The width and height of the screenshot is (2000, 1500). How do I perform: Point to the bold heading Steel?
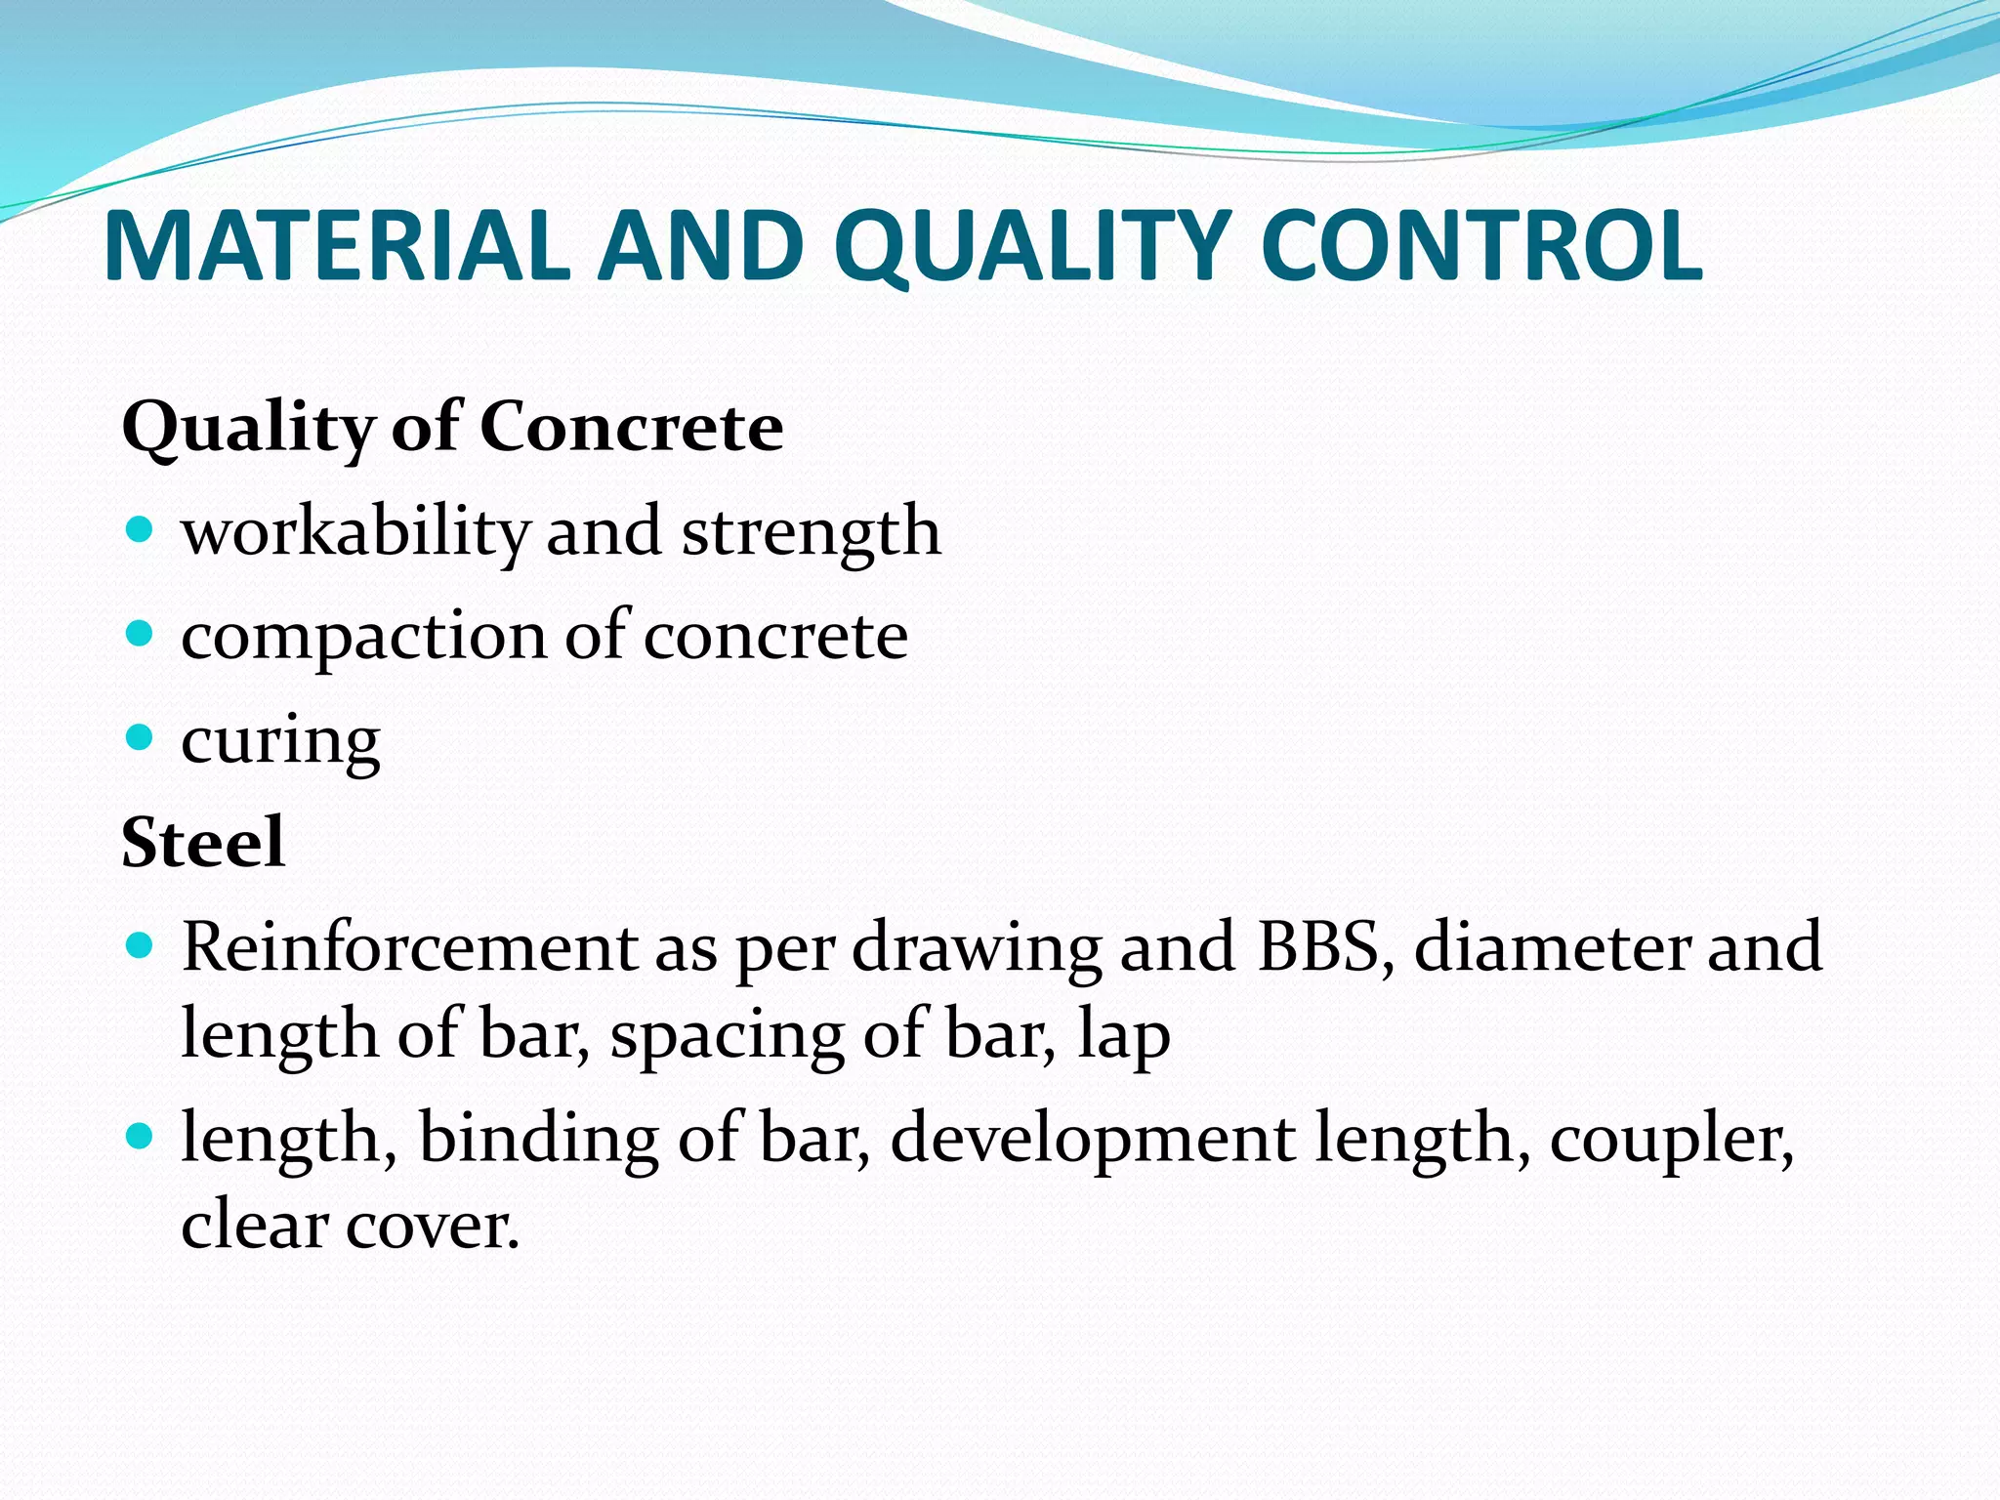coord(203,842)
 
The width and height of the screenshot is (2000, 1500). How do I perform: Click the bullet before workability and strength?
coord(141,529)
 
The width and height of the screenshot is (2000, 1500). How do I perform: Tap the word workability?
coord(355,532)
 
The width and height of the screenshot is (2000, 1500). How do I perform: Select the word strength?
coord(811,532)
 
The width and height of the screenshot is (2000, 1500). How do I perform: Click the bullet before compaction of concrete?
coord(141,634)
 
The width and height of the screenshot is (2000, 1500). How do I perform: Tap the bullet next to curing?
coord(141,737)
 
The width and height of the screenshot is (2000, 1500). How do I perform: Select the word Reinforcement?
coord(409,946)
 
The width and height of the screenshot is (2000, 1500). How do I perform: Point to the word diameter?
coord(1551,946)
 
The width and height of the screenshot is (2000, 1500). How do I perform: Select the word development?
coord(1093,1139)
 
